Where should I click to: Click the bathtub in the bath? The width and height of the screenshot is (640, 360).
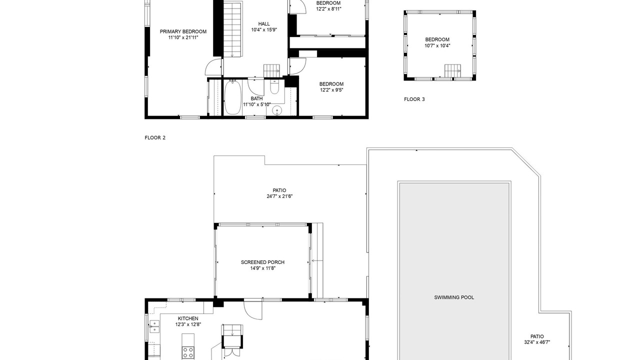pos(232,97)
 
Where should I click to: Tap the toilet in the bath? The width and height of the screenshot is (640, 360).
pos(274,87)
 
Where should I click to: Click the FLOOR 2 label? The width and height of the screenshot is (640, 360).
pos(155,137)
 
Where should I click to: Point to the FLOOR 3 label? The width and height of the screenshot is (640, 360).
pos(414,99)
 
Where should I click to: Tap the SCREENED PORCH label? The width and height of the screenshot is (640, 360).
pos(262,262)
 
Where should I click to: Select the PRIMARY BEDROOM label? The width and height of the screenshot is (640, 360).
pos(183,31)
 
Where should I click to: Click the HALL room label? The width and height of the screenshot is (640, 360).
pos(264,24)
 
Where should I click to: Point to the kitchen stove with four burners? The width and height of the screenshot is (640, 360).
pos(188,352)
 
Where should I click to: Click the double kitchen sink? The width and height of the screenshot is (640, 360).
pos(154,326)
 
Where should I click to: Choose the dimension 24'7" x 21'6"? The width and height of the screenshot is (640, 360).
pos(279,196)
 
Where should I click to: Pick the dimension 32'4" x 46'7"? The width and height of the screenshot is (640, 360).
pos(537,342)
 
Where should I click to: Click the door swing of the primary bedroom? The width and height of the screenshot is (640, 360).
pos(213,67)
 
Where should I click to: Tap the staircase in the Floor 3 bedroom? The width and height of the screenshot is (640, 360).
pos(452,71)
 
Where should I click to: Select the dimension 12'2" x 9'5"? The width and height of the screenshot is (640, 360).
pos(331,90)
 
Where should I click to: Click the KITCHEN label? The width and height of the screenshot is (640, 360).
pos(188,318)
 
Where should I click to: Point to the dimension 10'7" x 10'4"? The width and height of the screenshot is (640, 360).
pos(437,45)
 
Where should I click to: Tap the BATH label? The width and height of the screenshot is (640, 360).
pos(256,99)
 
